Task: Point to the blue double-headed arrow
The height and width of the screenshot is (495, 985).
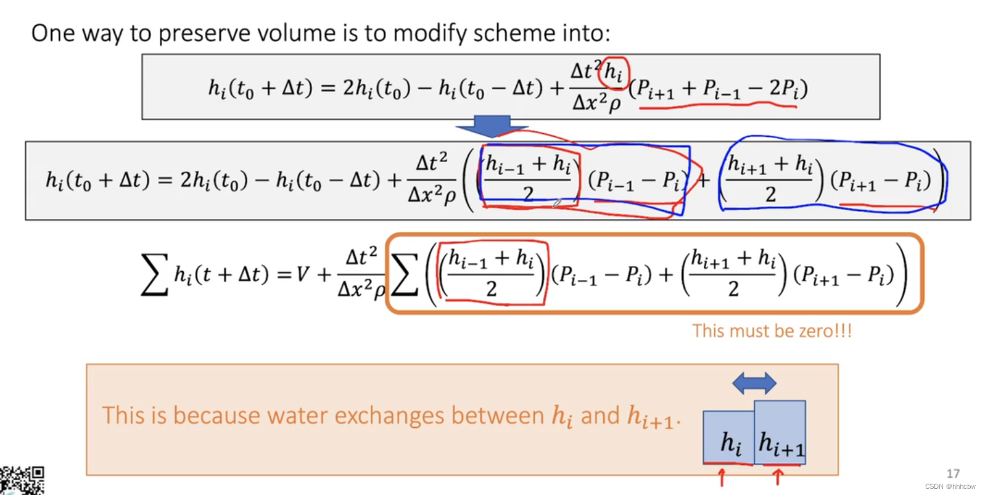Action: point(754,383)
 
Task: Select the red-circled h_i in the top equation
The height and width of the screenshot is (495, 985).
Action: point(613,72)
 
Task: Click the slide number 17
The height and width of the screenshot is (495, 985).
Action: point(953,473)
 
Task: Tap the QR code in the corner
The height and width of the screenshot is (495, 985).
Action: point(22,480)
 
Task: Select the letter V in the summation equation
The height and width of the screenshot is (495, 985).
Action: point(302,274)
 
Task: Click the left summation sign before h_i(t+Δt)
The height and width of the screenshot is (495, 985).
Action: point(154,274)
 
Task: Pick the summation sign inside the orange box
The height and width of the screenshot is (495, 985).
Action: point(404,274)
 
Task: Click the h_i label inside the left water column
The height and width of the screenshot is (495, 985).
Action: point(731,443)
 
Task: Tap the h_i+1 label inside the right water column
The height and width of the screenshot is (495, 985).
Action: point(781,444)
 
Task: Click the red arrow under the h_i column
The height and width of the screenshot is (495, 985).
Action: point(721,477)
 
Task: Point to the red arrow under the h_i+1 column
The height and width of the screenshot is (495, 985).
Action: point(777,476)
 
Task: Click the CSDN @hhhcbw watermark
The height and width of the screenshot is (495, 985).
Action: point(950,486)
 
